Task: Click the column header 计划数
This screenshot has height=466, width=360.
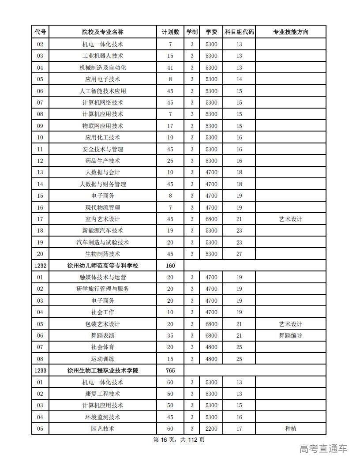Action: (170, 32)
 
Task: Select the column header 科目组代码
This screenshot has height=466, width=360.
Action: (239, 32)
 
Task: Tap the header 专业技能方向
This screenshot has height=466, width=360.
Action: (291, 32)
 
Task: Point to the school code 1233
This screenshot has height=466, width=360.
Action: (40, 371)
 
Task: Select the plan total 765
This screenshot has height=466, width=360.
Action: (170, 371)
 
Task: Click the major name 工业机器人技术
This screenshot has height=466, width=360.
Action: (103, 56)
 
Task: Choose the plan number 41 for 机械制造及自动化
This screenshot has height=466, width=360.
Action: (170, 68)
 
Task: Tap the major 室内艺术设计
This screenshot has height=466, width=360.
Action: (103, 219)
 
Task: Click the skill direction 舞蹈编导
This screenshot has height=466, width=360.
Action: (291, 336)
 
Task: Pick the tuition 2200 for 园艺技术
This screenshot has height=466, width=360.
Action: (211, 429)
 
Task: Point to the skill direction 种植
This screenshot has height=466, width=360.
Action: (291, 429)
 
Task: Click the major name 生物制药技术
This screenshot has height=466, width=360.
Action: (103, 254)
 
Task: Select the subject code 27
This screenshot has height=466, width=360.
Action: (239, 254)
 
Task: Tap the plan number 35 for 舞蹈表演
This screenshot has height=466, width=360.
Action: (170, 336)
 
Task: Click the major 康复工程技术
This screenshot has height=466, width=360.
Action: (103, 394)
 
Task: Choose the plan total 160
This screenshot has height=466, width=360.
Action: (170, 266)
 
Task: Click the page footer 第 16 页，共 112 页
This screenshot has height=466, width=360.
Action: (179, 440)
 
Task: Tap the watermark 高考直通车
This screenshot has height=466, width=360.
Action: (323, 449)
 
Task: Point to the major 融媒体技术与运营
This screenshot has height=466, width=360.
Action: (103, 278)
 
